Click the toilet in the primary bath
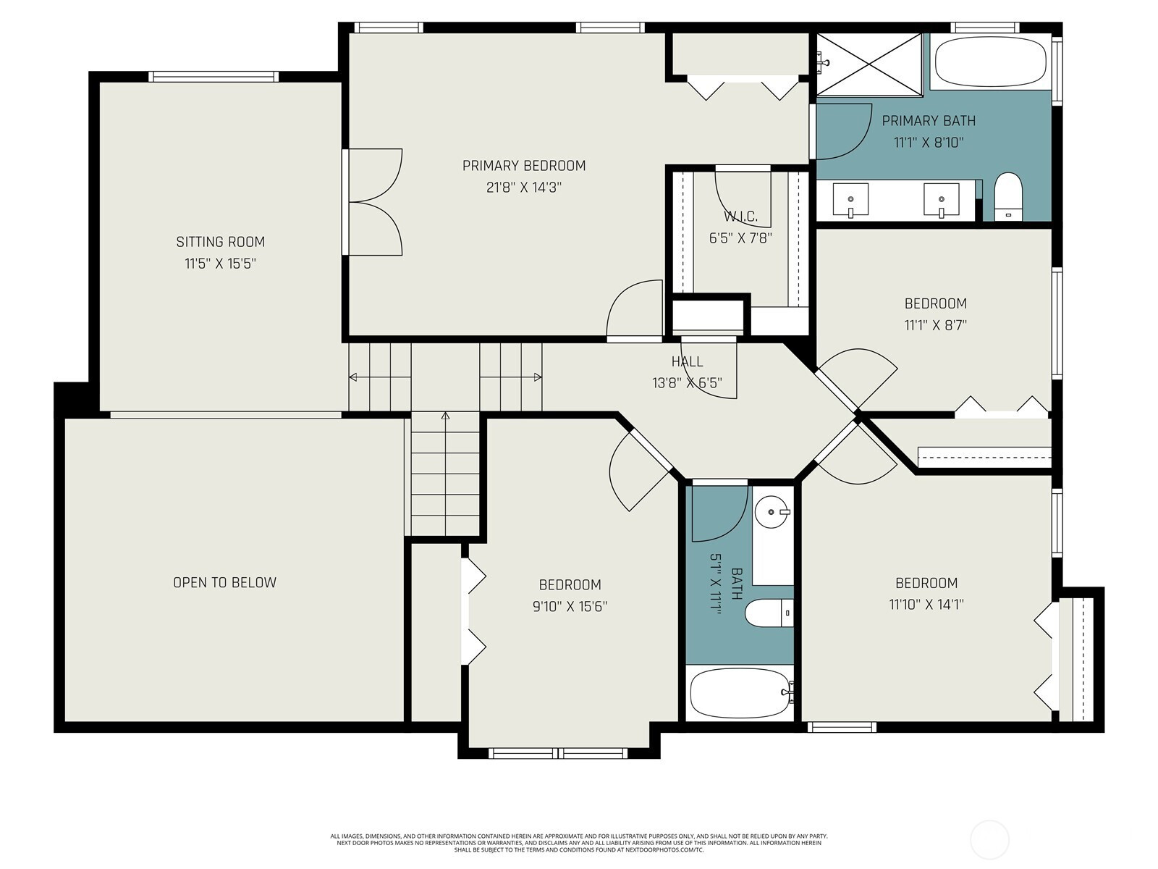pyautogui.click(x=1007, y=197)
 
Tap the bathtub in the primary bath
pyautogui.click(x=990, y=62)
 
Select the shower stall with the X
pyautogui.click(x=869, y=65)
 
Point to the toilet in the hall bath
pyautogui.click(x=769, y=613)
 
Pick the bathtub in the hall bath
pyautogui.click(x=740, y=693)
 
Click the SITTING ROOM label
pyautogui.click(x=221, y=242)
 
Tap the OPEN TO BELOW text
pyautogui.click(x=225, y=582)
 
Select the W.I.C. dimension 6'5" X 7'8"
pyautogui.click(x=740, y=238)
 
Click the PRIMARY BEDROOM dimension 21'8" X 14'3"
pyautogui.click(x=524, y=188)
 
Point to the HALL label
pyautogui.click(x=687, y=361)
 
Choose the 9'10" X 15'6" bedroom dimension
pyautogui.click(x=570, y=606)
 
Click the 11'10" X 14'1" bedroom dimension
pyautogui.click(x=926, y=604)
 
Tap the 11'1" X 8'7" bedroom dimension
pyautogui.click(x=935, y=325)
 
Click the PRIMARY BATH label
pyautogui.click(x=929, y=121)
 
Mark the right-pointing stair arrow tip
pyautogui.click(x=541, y=377)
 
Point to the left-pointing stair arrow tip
pyautogui.click(x=350, y=377)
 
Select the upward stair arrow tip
pyautogui.click(x=445, y=413)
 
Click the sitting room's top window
pyautogui.click(x=213, y=77)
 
